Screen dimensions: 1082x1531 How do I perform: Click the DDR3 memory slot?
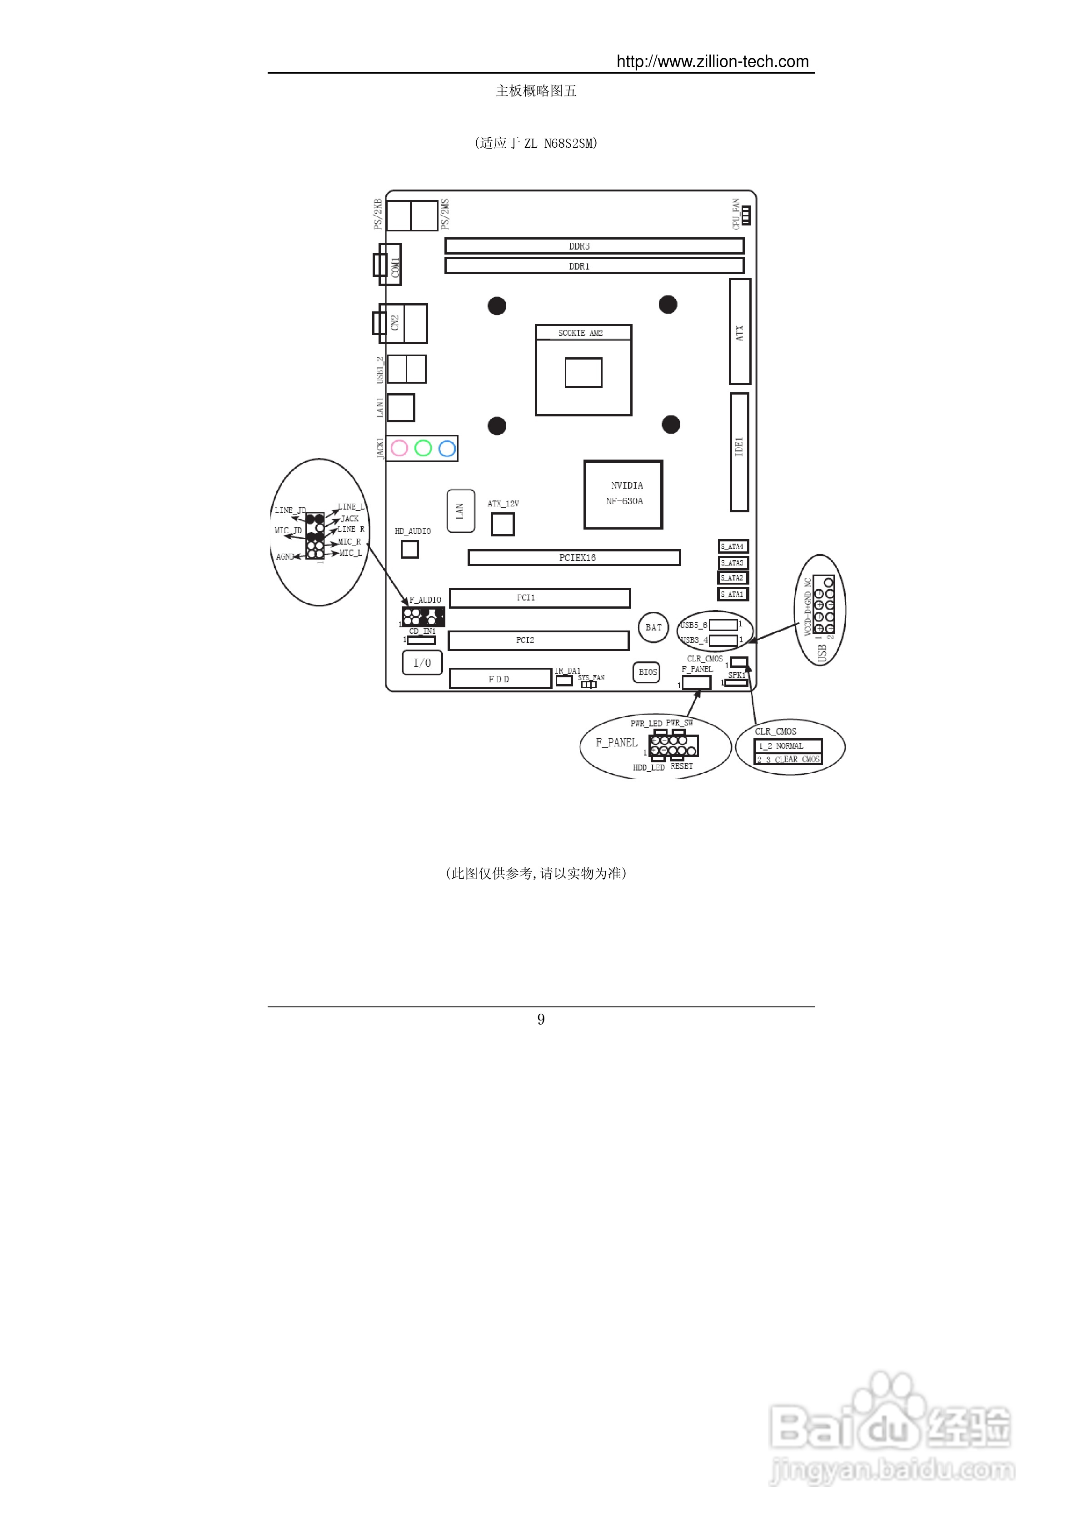594,246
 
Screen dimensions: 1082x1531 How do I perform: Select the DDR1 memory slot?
594,266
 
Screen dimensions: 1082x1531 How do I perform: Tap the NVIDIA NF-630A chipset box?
623,494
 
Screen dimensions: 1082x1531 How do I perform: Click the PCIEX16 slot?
574,557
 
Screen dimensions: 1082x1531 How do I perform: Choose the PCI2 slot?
539,640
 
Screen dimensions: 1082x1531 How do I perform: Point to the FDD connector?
500,679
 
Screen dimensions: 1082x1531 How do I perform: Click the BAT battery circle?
653,627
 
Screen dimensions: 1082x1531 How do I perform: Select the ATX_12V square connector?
503,524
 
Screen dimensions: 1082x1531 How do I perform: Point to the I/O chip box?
422,663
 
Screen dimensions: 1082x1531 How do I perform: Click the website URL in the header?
712,62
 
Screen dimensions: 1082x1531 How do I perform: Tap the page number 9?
541,1019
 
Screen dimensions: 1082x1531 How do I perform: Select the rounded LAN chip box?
460,511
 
